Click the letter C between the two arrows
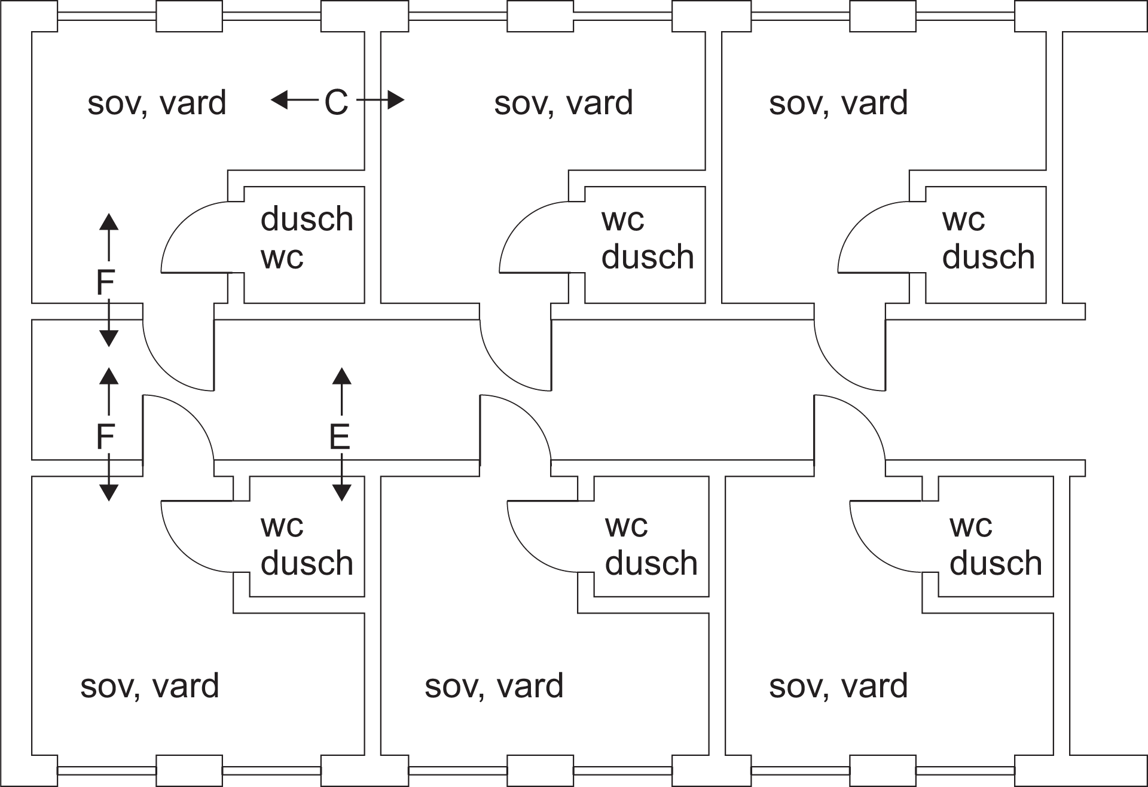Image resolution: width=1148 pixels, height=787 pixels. coord(336,102)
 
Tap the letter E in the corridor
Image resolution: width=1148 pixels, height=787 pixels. coord(340,437)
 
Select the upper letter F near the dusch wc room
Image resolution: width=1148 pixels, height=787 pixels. coord(105,282)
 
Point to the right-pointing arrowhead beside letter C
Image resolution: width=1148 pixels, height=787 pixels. coord(396,100)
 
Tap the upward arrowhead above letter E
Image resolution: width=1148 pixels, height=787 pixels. coord(341,376)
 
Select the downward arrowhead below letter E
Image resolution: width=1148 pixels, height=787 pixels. coord(341,492)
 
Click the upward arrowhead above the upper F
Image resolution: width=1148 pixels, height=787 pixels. coord(108,221)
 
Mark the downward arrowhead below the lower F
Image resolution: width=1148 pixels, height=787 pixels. coord(108,492)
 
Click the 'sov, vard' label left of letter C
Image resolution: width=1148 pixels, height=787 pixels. coord(157,103)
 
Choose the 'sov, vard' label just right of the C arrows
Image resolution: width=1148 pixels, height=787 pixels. coord(563,103)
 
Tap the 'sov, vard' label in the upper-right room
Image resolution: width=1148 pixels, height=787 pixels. coord(838,103)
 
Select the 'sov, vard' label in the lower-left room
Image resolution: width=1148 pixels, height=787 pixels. coord(149,686)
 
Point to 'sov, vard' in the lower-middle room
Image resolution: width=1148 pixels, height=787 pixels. coord(494,686)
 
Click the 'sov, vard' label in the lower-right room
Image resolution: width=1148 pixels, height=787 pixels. coord(838,686)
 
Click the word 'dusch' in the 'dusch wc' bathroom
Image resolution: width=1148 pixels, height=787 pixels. coord(307,219)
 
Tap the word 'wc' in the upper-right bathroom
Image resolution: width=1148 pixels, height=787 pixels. coord(963,220)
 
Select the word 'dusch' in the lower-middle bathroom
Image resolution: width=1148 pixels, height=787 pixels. coord(651,563)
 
